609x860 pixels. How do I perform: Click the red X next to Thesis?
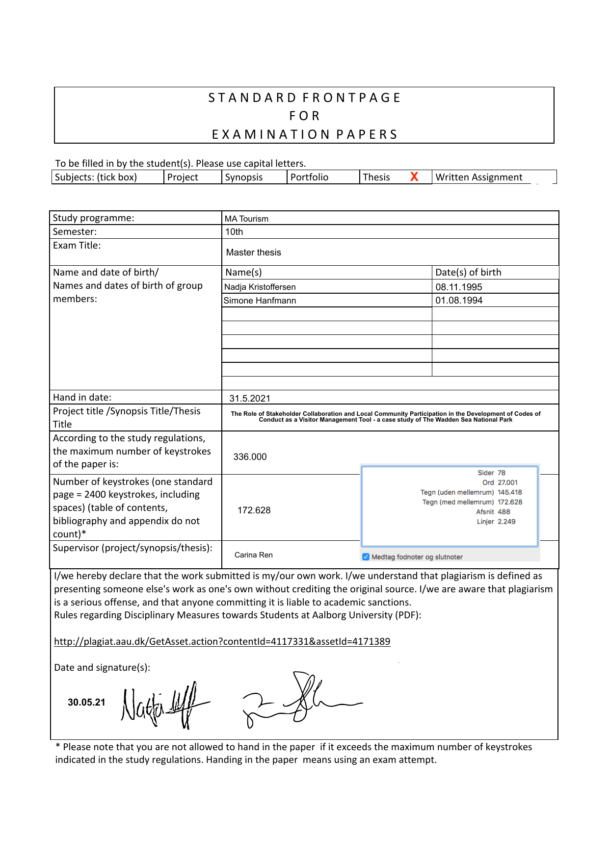414,177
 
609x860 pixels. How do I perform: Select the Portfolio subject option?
309,177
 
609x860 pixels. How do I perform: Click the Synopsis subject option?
244,177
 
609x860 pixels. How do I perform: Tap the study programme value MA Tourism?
246,219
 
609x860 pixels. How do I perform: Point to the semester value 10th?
234,232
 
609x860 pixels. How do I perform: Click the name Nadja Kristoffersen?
260,287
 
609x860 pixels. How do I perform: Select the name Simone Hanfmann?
260,301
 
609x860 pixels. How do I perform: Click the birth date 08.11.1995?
459,287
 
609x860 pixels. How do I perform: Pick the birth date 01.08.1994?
459,301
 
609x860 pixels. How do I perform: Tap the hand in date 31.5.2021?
250,399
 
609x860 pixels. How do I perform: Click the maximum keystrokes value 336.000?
250,457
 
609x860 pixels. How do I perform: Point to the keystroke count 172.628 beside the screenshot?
254,510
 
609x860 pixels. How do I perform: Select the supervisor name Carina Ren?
254,555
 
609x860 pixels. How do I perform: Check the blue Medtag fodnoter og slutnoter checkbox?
366,557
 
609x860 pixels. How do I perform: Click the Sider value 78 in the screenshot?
502,473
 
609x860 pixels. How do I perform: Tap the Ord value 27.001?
507,483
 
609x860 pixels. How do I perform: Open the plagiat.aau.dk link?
222,642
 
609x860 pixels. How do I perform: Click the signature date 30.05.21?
86,703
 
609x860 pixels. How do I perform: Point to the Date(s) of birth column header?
468,273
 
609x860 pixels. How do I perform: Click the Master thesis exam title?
254,253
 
